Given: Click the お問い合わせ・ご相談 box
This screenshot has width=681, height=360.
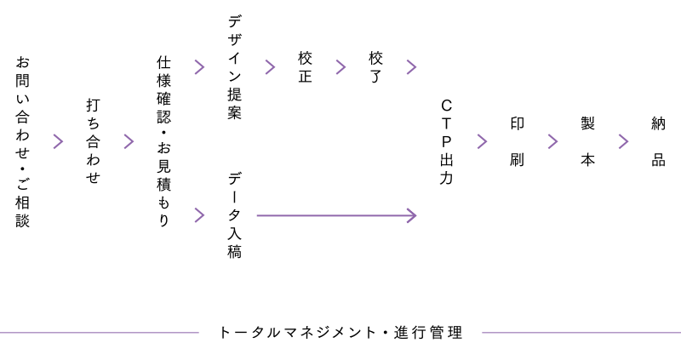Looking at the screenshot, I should click(22, 141).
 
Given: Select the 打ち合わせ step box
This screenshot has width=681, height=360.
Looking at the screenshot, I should click(93, 141).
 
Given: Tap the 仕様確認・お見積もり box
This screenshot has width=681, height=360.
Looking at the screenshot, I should click(163, 141).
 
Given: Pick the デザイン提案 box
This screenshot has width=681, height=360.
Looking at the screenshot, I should click(234, 67).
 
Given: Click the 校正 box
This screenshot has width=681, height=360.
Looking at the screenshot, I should click(305, 67).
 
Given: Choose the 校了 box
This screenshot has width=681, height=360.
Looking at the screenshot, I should click(375, 67).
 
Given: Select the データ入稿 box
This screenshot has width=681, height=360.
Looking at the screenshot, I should click(234, 214).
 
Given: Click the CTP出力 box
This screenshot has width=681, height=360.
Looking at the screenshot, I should click(446, 141).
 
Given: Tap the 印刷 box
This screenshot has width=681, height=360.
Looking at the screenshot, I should click(517, 141).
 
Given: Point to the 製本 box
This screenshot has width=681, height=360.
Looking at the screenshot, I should click(587, 141).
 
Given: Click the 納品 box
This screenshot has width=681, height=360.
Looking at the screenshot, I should click(658, 141).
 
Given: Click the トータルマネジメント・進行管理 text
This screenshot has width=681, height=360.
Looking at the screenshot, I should click(340, 331).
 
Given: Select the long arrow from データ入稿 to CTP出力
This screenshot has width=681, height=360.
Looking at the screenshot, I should click(335, 214).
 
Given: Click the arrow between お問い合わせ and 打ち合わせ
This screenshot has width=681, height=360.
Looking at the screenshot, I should click(58, 141).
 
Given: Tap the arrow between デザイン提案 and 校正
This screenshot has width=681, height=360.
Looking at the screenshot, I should click(270, 66).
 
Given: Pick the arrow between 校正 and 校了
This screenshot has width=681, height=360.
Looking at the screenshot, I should click(340, 66).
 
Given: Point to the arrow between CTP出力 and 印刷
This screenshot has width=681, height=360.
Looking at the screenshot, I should click(482, 141).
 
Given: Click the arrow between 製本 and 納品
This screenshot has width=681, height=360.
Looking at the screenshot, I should click(623, 141).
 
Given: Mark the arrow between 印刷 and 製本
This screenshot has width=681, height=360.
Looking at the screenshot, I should click(552, 141).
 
